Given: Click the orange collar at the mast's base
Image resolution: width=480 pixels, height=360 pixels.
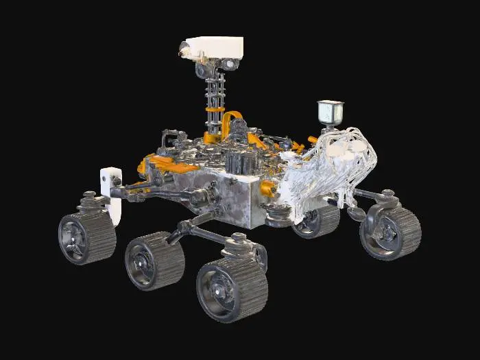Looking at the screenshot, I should (213, 127).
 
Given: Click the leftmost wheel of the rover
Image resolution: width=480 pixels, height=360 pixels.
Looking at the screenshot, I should (86, 237).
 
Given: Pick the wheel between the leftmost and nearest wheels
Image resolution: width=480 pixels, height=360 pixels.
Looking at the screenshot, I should (154, 261).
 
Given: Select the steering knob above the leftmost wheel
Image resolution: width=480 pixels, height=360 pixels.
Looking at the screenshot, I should (90, 200).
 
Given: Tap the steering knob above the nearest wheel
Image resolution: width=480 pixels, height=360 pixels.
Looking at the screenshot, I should (238, 241).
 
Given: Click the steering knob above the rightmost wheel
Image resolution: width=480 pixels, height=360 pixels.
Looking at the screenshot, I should (387, 197).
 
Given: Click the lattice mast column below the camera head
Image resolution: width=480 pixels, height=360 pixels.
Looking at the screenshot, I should (213, 89).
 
